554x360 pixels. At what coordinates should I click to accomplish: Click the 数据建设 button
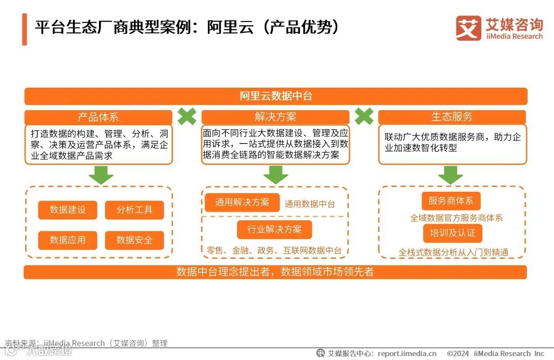coord(67,210)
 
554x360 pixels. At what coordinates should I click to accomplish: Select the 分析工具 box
coord(134,210)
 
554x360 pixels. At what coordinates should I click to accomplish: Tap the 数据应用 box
coord(67,240)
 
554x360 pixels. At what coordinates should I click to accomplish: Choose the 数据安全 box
coord(134,240)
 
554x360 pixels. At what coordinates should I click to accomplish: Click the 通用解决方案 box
coord(242,202)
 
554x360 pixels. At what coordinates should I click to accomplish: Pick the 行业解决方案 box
coord(274,229)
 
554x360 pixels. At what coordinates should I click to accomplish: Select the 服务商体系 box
coord(451,201)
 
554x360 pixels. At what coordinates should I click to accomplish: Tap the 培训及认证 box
coord(452,233)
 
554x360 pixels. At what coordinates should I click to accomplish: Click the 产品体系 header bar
coord(98,117)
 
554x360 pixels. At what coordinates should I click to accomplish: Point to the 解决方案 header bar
coord(275,117)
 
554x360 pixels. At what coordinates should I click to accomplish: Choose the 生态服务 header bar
coord(452,117)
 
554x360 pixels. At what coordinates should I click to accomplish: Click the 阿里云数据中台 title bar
coord(275,96)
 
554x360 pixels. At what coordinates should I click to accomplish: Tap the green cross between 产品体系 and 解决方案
coord(187,116)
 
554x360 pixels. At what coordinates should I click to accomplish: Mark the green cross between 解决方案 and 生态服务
coord(364,116)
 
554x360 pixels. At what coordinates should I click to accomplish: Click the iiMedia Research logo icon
coord(468,28)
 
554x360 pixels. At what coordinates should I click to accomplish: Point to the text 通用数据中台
coord(310,204)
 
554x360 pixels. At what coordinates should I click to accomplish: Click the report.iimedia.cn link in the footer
coord(407,353)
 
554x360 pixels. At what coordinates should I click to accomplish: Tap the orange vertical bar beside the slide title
coord(24,29)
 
